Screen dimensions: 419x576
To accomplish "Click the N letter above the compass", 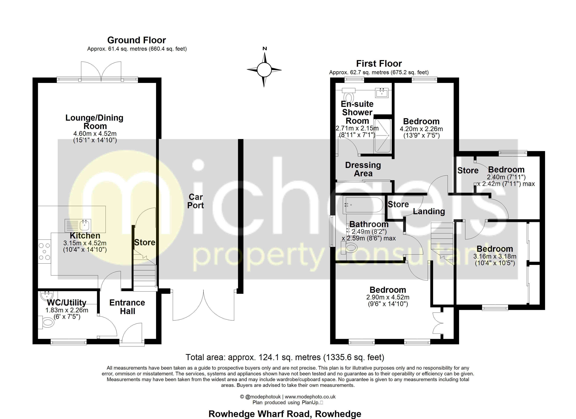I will point(265,49).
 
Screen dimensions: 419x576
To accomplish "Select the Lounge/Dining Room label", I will point(94,122).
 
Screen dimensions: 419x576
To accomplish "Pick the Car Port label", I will point(195,201).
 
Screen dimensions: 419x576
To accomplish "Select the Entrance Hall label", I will point(127,307).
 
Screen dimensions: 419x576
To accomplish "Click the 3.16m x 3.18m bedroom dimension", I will point(494,256).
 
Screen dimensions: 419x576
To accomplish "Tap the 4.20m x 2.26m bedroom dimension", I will point(421,129).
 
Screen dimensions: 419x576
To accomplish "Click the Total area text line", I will point(285,357).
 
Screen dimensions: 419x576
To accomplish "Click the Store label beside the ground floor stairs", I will point(145,242).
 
